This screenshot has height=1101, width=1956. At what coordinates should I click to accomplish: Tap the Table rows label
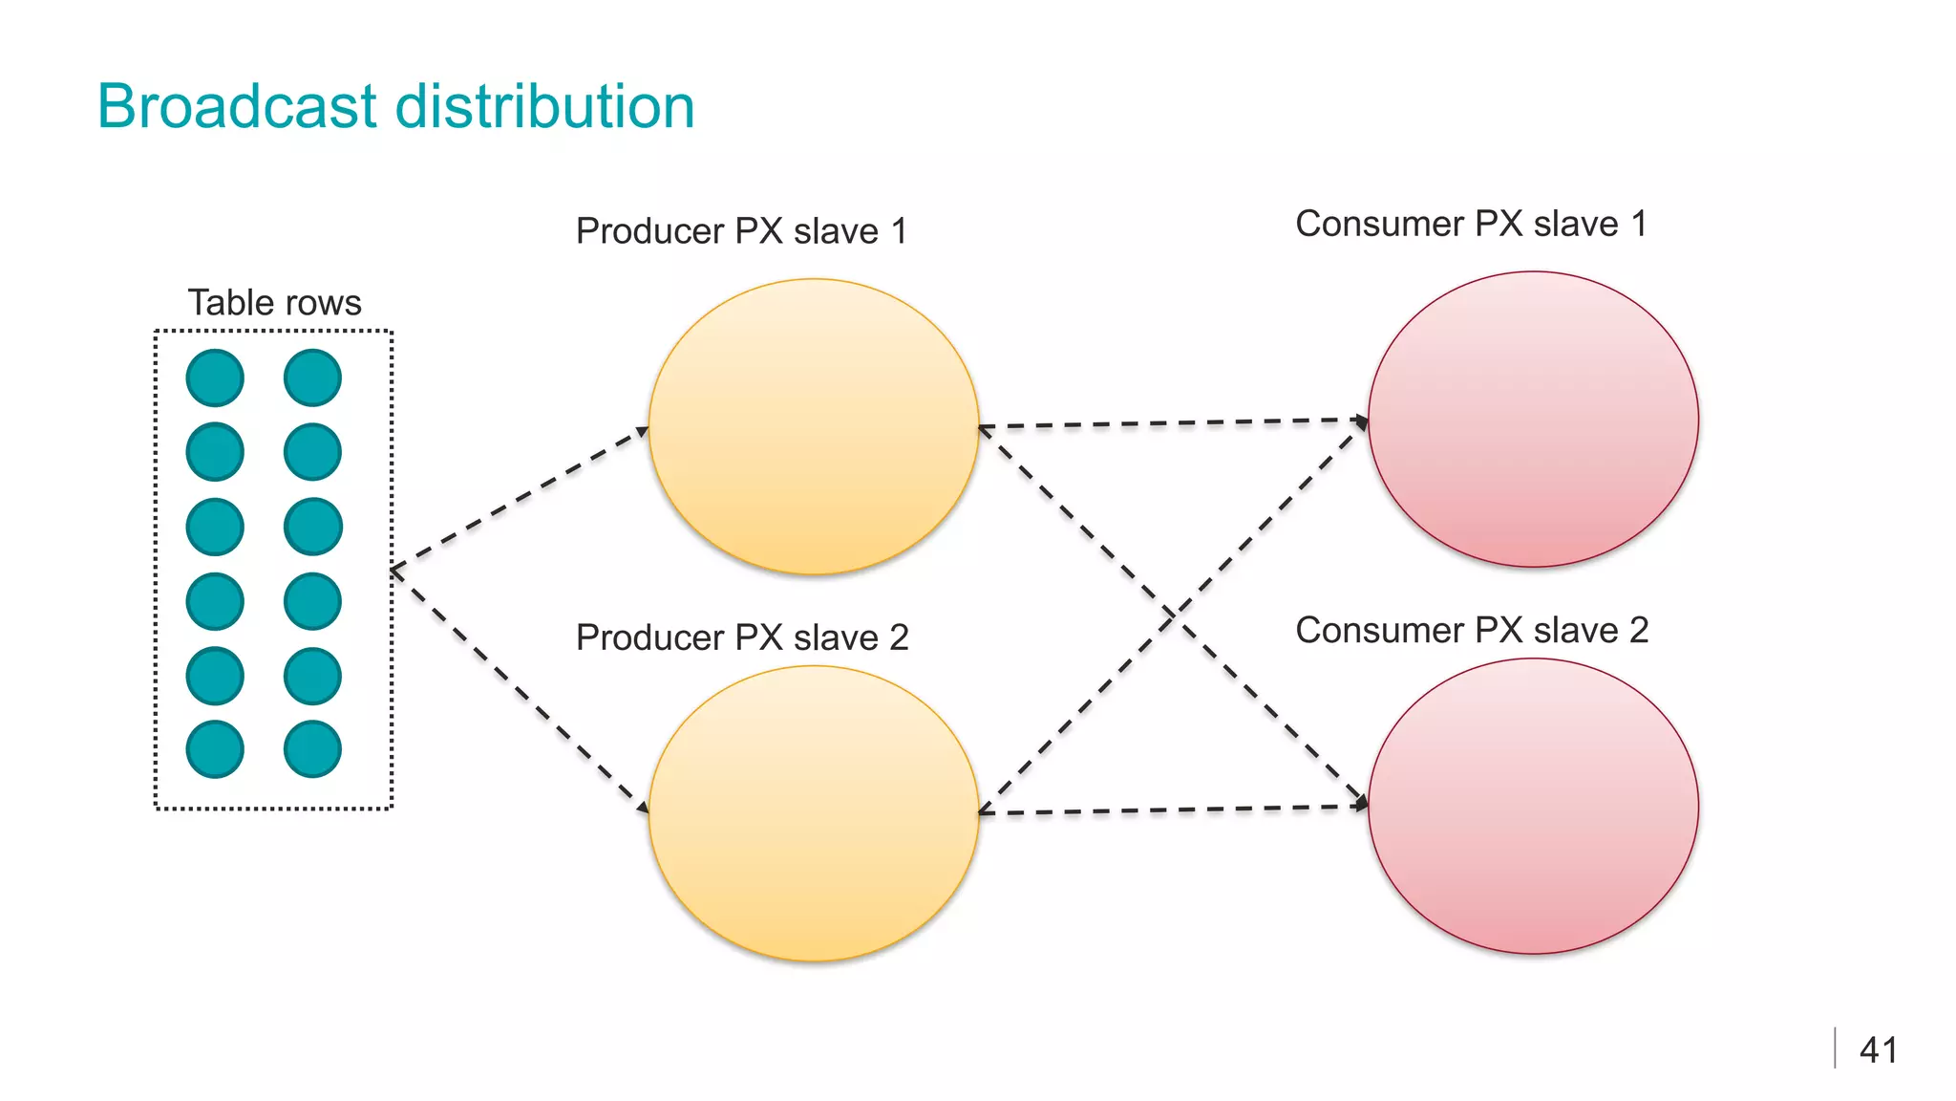274,303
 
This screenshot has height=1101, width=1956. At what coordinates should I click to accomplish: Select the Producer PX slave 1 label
741,231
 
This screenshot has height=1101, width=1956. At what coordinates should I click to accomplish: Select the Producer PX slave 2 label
742,637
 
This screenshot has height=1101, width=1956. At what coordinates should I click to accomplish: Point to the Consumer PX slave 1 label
1471,224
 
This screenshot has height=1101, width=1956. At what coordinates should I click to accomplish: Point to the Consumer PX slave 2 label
1472,631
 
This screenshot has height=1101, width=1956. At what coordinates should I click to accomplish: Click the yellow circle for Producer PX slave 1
814,426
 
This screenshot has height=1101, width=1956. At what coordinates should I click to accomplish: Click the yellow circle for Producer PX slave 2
814,813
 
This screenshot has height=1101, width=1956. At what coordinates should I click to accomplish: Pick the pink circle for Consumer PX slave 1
1533,420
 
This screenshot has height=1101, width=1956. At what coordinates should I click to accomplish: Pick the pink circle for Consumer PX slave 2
1533,806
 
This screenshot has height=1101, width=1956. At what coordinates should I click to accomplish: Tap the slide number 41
1878,1050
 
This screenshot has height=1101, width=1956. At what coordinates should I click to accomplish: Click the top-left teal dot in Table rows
215,378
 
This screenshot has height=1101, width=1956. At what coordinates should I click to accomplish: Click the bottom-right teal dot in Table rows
312,749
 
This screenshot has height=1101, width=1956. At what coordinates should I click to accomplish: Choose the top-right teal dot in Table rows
312,378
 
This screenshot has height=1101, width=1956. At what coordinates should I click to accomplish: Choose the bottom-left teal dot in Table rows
215,749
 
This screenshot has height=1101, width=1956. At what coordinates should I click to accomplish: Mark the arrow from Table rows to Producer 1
521,499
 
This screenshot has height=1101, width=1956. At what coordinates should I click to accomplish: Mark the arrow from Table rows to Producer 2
521,690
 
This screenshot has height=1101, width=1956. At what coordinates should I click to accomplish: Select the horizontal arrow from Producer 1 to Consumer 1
1173,422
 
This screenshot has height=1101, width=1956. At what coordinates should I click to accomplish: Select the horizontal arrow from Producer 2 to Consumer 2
1173,810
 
